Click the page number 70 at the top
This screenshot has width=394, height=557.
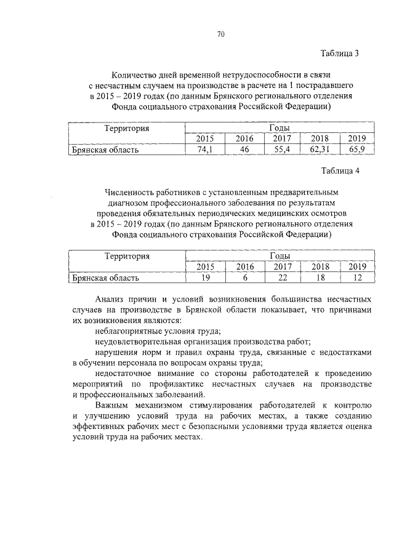220,34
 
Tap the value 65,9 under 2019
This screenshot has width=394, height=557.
356,150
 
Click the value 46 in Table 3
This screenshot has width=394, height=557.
244,150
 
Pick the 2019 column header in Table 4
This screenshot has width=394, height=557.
356,267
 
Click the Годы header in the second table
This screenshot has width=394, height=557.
280,256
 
